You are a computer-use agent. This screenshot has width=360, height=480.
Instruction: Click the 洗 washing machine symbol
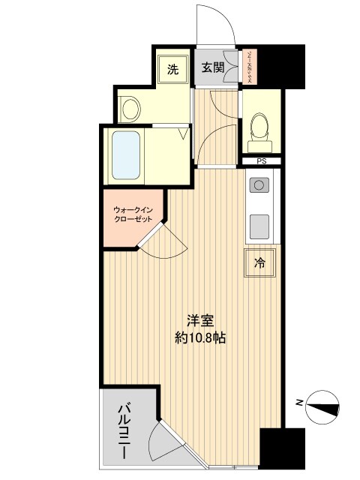point(172,70)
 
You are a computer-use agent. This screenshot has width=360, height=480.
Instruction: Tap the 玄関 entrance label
point(213,68)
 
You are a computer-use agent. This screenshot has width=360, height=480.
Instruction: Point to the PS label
point(261,160)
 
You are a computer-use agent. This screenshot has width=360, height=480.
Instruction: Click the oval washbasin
point(130,109)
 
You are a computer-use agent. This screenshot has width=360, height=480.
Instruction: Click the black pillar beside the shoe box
point(282,66)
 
